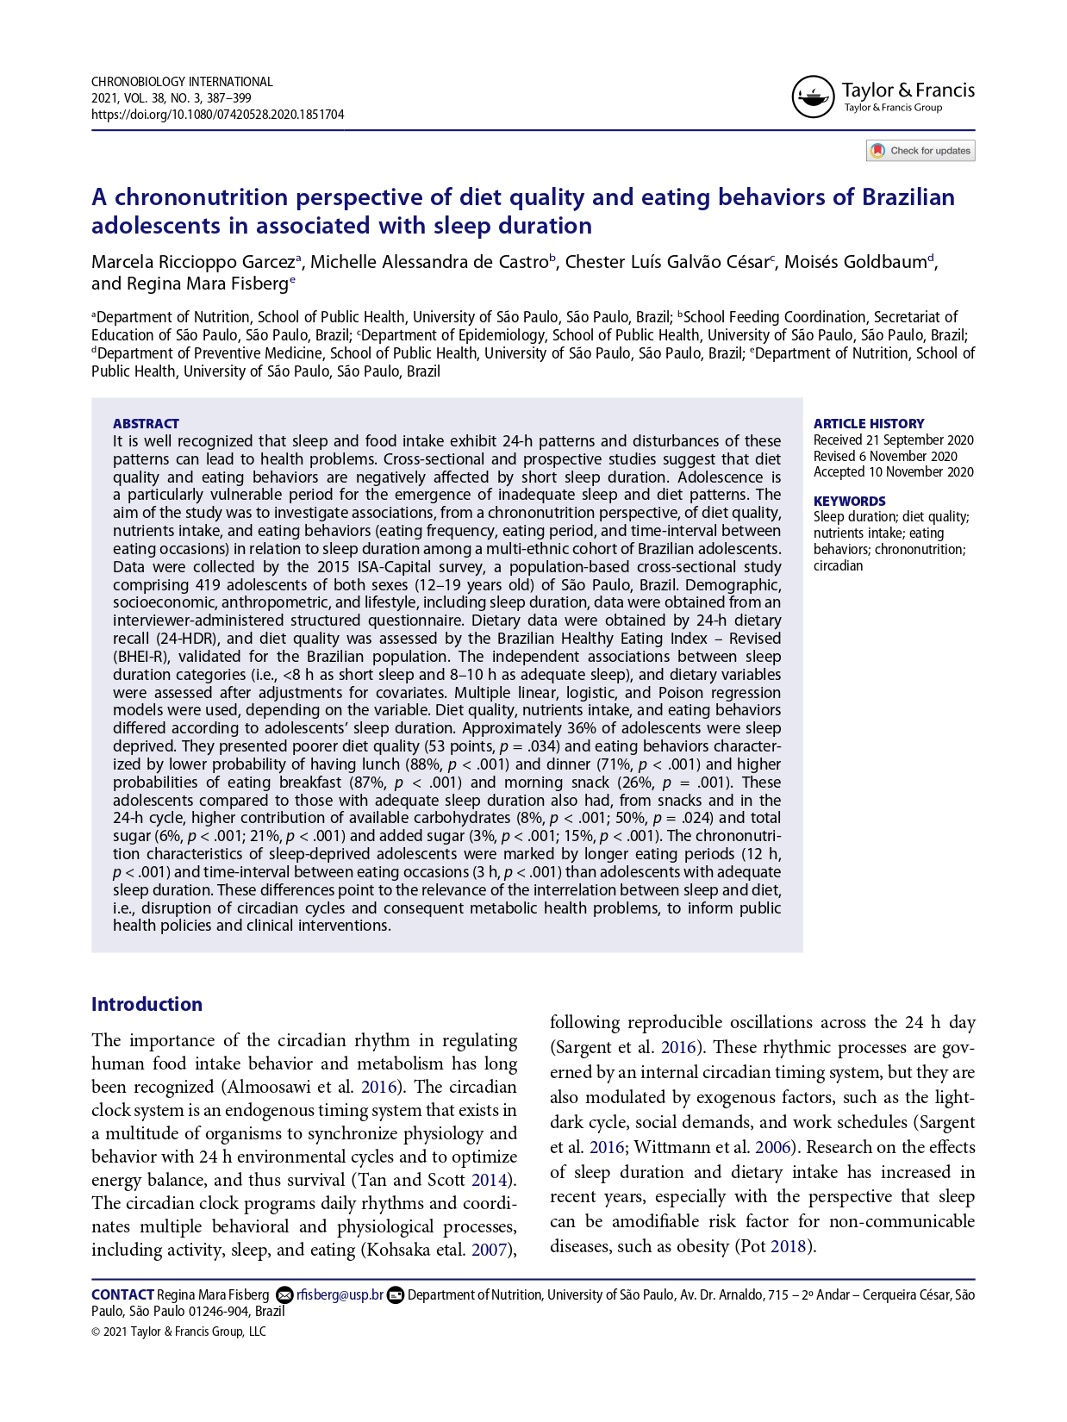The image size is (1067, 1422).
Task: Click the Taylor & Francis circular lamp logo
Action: click(813, 97)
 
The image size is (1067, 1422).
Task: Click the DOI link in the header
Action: click(217, 115)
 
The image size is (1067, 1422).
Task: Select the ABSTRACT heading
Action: click(146, 423)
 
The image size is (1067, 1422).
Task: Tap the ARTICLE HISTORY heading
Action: click(868, 423)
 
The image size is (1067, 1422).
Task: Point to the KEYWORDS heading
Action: click(849, 501)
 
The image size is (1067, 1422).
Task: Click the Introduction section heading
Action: click(147, 1004)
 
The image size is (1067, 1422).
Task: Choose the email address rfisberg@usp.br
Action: click(340, 1294)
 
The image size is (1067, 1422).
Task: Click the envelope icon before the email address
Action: click(284, 1294)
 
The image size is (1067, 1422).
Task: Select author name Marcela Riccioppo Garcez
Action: click(193, 262)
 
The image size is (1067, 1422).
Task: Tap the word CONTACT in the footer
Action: click(122, 1294)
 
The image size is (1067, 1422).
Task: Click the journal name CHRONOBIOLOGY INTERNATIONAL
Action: click(182, 82)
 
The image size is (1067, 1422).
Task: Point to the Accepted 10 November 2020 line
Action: click(893, 472)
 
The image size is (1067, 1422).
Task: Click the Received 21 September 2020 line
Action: click(893, 440)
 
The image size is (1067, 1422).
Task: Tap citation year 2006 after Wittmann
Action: click(772, 1147)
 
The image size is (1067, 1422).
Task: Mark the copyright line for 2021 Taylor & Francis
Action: click(178, 1332)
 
